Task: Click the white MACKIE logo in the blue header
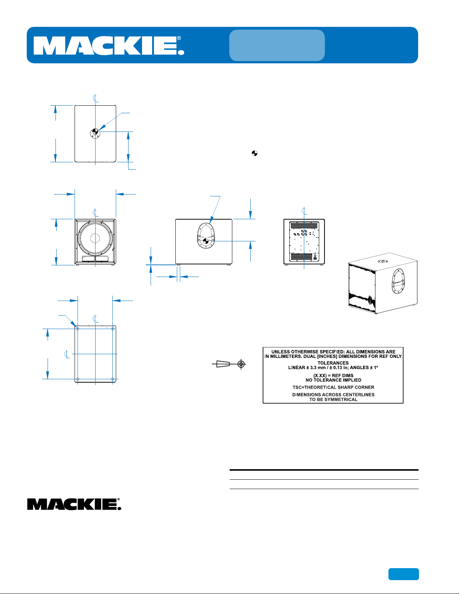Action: click(x=109, y=46)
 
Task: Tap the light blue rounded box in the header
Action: click(x=277, y=45)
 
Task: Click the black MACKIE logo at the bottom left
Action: click(x=74, y=504)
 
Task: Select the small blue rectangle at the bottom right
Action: click(x=404, y=574)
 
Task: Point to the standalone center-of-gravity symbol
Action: click(x=254, y=153)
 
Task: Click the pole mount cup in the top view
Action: click(x=95, y=133)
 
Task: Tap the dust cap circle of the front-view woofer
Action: click(x=95, y=238)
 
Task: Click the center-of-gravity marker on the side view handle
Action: click(x=206, y=241)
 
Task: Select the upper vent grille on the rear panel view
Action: click(x=304, y=226)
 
